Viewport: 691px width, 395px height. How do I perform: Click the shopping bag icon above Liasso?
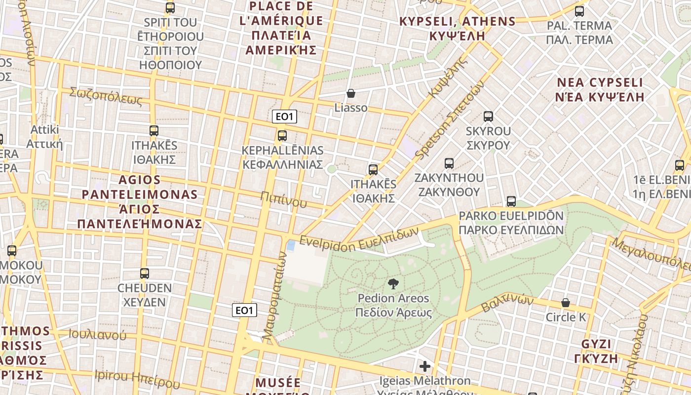351,93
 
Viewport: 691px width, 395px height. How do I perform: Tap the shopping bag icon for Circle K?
566,302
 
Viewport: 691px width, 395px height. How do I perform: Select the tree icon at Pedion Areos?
393,283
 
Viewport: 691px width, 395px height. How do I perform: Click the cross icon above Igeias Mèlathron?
424,366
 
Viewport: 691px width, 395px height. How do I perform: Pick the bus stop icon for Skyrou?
488,117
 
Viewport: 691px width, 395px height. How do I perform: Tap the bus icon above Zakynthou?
449,163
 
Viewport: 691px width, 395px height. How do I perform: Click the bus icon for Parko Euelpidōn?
511,201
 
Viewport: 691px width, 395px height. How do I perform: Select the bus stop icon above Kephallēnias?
282,135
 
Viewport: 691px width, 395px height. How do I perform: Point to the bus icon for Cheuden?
144,273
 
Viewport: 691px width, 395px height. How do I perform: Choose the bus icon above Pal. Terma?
579,11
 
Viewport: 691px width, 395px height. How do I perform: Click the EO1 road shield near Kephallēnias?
284,117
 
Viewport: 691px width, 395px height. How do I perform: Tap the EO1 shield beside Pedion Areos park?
245,310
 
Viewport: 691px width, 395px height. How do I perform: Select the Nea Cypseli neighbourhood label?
600,89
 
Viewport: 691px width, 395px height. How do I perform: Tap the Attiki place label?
44,137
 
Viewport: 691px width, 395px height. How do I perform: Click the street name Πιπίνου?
284,199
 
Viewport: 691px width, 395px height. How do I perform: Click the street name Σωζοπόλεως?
106,96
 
